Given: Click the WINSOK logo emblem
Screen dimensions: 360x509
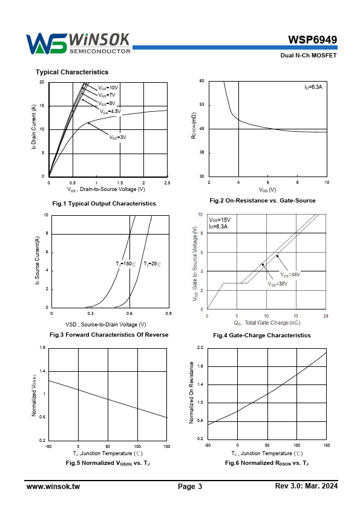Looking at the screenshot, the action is click(47, 44).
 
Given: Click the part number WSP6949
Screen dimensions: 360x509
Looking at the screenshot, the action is click(313, 40).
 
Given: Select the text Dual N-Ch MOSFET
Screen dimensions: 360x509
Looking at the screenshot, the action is click(309, 56).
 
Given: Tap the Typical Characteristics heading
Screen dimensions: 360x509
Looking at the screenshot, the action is click(72, 72).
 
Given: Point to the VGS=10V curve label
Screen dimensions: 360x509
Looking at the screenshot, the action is click(108, 88).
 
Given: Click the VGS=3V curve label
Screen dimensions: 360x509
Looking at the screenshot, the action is click(117, 137).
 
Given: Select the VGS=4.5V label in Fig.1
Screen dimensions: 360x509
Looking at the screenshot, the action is click(110, 112).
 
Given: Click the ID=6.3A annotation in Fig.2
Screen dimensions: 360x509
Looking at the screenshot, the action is click(313, 87).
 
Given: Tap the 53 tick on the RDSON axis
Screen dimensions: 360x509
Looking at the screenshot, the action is click(201, 105).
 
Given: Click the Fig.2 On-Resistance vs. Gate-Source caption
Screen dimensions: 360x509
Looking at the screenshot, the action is click(263, 201).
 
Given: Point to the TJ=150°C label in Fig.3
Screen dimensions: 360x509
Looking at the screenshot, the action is click(126, 264).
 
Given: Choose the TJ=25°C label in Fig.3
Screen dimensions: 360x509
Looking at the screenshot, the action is click(152, 264).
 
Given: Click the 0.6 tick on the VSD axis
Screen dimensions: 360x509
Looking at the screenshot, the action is click(129, 314).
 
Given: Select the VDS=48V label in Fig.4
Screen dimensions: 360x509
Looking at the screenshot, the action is click(290, 274).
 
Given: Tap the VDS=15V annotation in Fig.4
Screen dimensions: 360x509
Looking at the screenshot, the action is click(220, 220).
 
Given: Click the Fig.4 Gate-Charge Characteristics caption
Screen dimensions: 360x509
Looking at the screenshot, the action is click(262, 336).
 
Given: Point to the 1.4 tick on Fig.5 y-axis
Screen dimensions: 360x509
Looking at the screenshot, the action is click(42, 371).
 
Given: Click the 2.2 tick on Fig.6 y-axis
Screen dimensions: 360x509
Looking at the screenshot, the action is click(200, 348).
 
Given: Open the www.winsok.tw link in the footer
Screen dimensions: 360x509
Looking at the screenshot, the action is click(53, 486).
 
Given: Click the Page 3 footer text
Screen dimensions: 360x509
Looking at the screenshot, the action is click(190, 486).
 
